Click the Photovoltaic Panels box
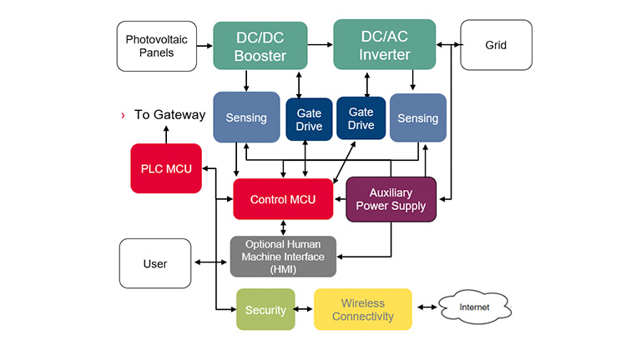pos(157,46)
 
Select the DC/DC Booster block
pos(260,46)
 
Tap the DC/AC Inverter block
pos(385,44)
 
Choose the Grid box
pos(497,45)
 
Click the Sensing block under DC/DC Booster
pos(246,117)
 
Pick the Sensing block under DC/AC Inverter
pos(418,118)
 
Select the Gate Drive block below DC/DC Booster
pos(309,120)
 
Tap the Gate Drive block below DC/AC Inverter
pos(361,118)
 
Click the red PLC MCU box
pos(166,168)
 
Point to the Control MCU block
pos(283,199)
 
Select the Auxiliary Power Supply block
pos(391,200)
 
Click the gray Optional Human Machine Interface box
pos(283,257)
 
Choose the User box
pos(155,263)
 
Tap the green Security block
pos(265,309)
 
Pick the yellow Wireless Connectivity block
pos(363,309)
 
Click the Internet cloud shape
pos(475,307)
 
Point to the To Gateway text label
pos(170,115)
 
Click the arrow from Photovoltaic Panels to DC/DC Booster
pos(204,46)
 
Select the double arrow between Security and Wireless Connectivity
pos(304,309)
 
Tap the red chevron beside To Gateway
pos(123,116)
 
